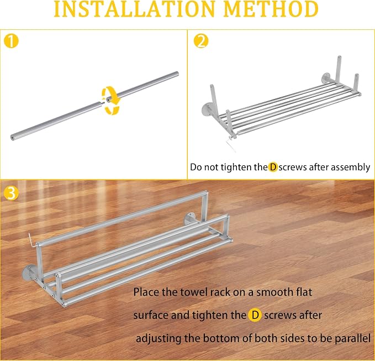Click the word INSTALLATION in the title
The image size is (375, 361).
pos(134,9)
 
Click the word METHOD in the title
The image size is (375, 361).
pos(271,9)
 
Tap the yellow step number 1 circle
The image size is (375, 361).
pos(11,41)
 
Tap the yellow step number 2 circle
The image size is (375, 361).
pos(201,41)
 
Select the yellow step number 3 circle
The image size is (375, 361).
pos(11,193)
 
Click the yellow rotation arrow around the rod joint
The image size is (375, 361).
pos(110,100)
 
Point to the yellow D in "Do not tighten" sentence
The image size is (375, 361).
pos(273,167)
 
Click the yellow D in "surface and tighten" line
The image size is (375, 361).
pos(255,315)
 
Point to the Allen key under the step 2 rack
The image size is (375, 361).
pos(231,144)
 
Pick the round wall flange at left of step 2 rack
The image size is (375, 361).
pos(207,111)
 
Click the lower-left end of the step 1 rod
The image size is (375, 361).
pos(13,138)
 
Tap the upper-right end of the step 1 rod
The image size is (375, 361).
pos(177,74)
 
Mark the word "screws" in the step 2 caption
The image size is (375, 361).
pos(293,168)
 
